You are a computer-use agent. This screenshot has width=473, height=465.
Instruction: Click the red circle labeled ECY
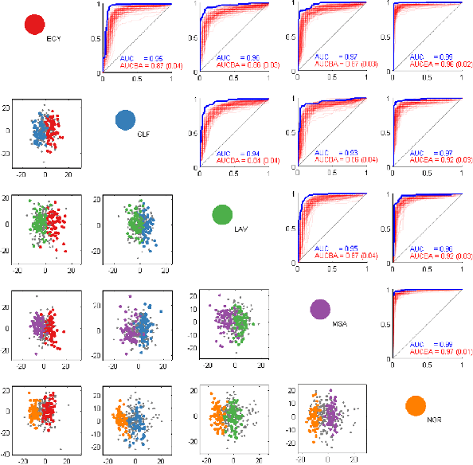tap(34, 25)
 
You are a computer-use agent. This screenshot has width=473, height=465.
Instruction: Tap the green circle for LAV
tap(222, 214)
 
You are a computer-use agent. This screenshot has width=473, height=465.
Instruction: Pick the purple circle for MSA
tap(320, 309)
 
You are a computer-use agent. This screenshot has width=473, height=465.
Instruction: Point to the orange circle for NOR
tap(416, 404)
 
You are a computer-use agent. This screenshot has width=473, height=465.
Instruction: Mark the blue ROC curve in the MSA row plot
tap(414, 291)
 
